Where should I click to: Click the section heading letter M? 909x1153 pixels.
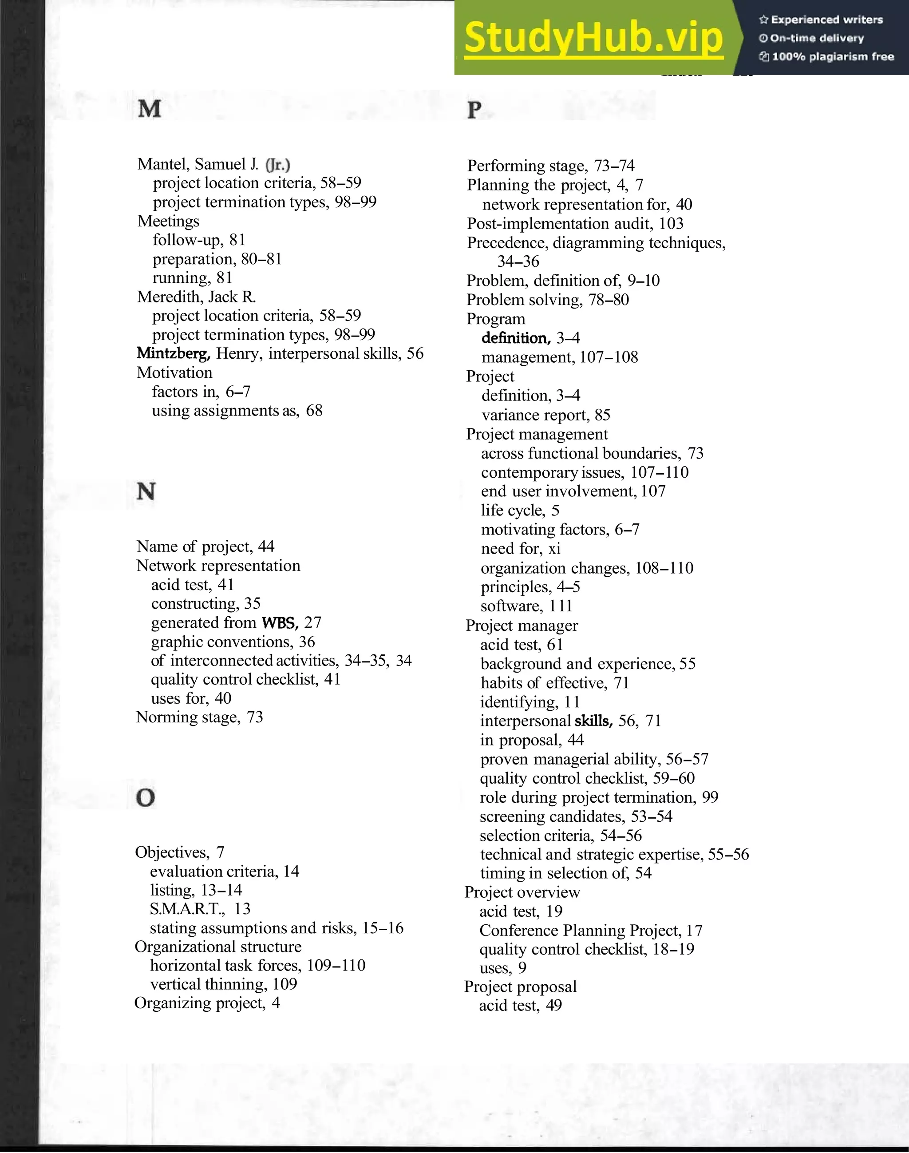[149, 109]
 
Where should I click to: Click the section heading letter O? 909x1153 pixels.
[145, 797]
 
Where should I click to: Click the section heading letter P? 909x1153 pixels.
[474, 110]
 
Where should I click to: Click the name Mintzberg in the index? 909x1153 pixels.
[174, 353]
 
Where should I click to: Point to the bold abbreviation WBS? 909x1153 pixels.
[280, 623]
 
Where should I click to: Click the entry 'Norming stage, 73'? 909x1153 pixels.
[200, 717]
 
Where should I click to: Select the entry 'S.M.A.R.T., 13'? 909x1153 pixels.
[200, 909]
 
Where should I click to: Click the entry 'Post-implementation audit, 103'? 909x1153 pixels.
[575, 224]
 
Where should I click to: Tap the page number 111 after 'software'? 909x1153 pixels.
[561, 606]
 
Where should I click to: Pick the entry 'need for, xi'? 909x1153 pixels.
[521, 548]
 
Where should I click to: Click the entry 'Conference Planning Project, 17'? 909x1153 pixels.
[591, 931]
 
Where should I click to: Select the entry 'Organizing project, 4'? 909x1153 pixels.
[207, 1003]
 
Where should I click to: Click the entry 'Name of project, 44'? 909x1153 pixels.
[206, 547]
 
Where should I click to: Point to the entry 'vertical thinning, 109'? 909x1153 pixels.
[224, 984]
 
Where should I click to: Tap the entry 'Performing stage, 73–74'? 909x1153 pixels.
[551, 166]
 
